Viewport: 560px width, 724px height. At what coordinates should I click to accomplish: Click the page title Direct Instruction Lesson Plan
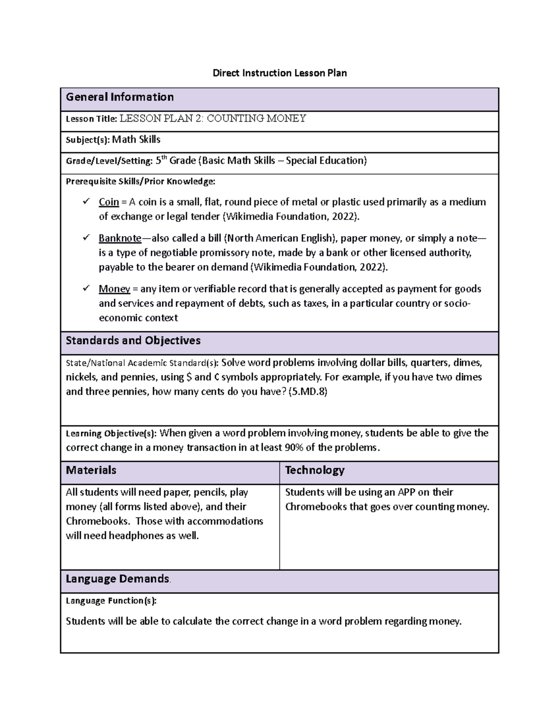coord(280,73)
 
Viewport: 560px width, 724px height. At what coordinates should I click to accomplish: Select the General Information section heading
coord(119,97)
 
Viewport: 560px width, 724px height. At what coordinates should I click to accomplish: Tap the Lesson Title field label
coord(91,119)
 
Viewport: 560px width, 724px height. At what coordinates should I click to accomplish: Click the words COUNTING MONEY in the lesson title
coord(256,118)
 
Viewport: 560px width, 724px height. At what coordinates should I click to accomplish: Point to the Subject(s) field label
coord(87,139)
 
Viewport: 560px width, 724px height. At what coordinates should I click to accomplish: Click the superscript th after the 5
coord(164,158)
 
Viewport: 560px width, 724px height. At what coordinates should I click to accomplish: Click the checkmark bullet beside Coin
coord(85,201)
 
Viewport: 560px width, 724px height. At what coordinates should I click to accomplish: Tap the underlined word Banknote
coord(119,238)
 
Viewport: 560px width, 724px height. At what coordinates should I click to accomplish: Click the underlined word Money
coord(114,289)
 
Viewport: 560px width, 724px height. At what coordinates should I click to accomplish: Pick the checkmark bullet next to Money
coord(85,288)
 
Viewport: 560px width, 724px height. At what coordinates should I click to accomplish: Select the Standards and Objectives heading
coord(133,340)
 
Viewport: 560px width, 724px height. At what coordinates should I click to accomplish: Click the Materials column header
coord(91,470)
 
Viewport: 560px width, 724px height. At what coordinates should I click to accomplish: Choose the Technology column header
coord(315,470)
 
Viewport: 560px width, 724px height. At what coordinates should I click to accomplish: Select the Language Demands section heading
coord(117,579)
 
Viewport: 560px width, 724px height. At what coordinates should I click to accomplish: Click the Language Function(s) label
coord(111,600)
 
